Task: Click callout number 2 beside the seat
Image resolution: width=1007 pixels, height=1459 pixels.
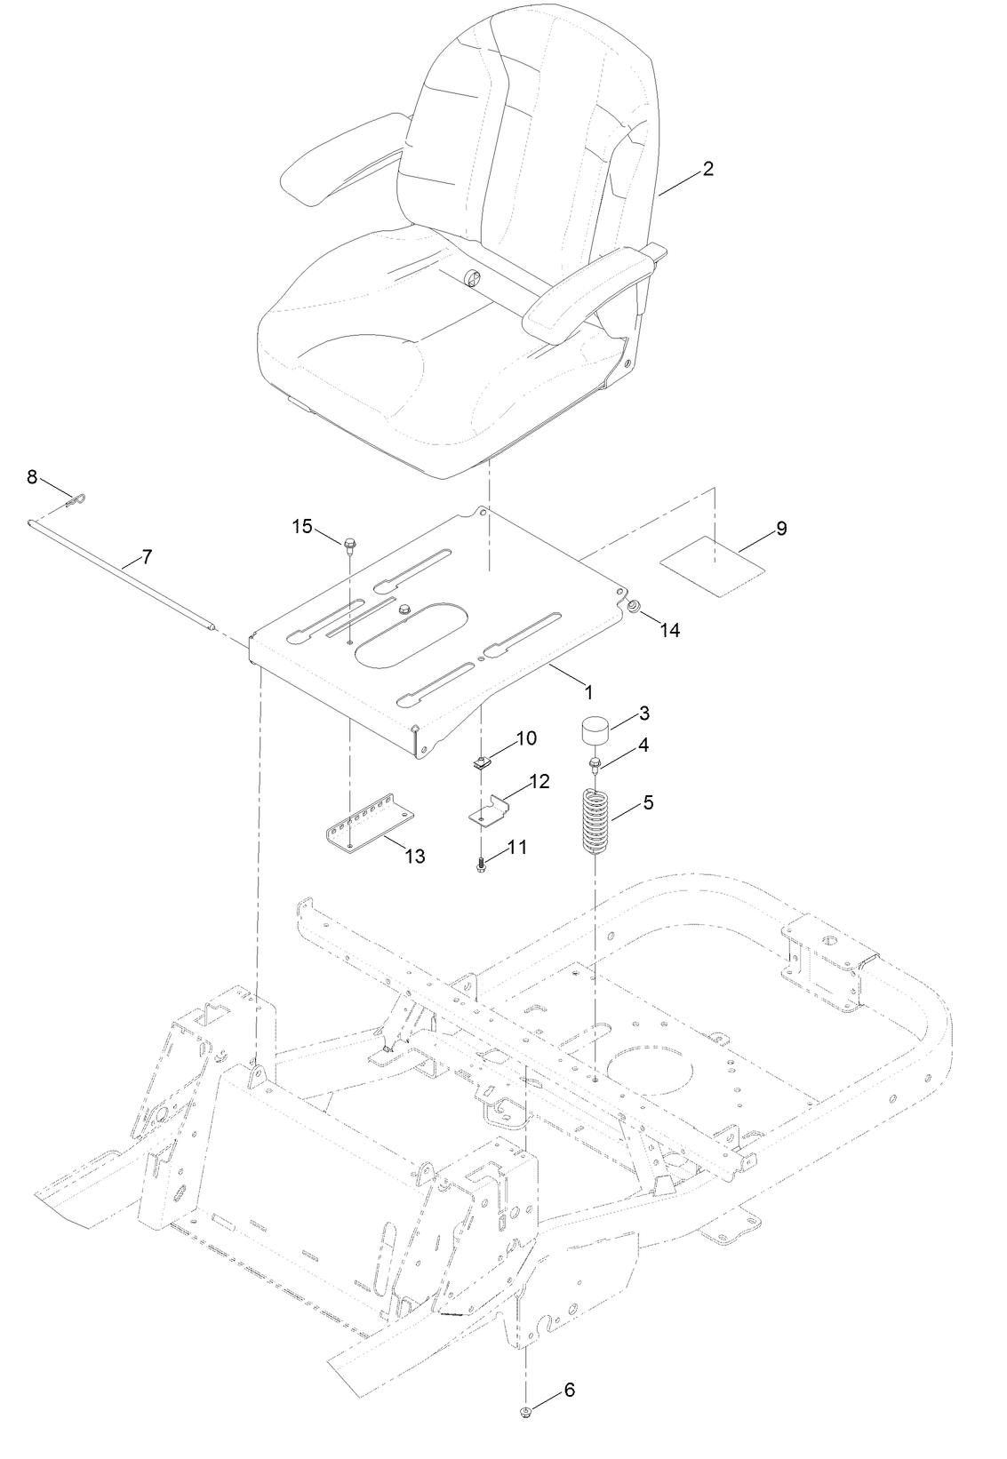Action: [707, 168]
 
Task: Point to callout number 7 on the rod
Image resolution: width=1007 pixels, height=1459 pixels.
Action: [147, 557]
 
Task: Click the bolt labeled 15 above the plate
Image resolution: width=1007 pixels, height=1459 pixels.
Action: [349, 542]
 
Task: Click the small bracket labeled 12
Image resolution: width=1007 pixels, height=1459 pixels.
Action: [488, 811]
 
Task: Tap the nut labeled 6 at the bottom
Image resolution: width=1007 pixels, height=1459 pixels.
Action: [527, 1412]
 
